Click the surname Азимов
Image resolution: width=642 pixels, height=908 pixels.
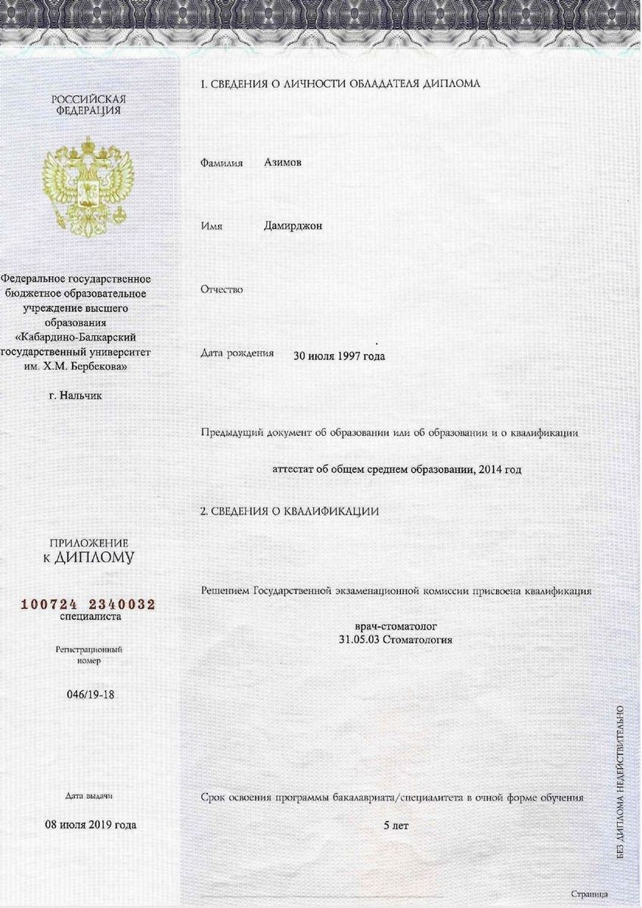click(283, 162)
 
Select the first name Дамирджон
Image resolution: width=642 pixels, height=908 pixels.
click(293, 225)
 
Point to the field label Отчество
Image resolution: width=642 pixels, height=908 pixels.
click(222, 290)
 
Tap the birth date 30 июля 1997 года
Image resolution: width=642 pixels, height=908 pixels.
click(339, 356)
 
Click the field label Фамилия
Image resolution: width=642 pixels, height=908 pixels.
click(222, 163)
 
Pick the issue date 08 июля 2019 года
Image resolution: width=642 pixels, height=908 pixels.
click(90, 824)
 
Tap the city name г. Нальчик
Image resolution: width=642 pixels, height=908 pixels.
click(75, 394)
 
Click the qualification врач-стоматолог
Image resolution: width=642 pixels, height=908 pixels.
click(395, 627)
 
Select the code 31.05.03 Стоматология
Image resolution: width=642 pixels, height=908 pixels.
click(395, 639)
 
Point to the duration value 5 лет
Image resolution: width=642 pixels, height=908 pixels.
click(395, 825)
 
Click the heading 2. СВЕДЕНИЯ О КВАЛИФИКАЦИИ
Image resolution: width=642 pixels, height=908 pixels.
click(289, 512)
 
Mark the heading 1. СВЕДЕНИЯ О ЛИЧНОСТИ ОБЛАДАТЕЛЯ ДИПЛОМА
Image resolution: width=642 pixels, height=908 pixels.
click(340, 84)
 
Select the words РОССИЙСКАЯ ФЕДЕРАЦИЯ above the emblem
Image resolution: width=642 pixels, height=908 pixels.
click(89, 104)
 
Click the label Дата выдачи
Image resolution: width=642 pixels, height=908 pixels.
click(89, 797)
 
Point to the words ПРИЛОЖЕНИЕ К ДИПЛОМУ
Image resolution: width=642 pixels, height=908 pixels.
click(89, 551)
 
